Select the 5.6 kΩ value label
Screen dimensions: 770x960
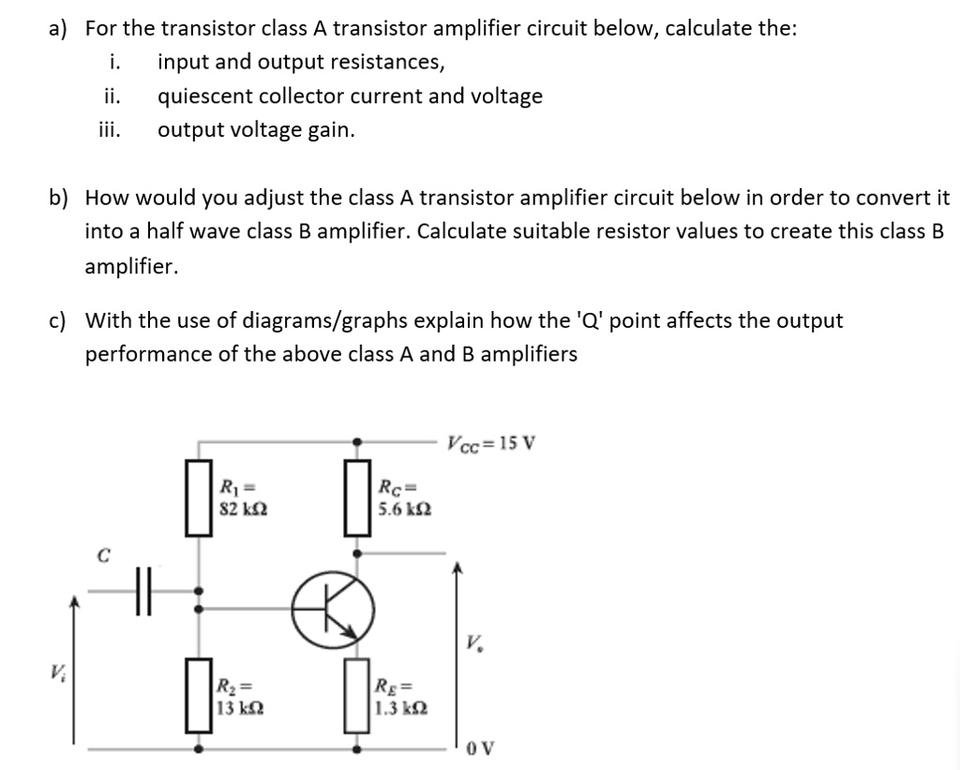click(x=404, y=511)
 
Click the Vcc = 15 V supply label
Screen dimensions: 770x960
click(x=491, y=443)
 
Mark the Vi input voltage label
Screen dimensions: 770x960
click(x=58, y=672)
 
